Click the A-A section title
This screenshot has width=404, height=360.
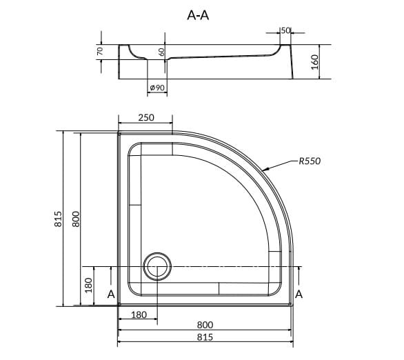click(198, 15)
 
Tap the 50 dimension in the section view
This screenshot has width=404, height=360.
click(285, 30)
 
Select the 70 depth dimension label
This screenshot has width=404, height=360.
click(100, 51)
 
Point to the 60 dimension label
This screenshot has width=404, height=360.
click(161, 52)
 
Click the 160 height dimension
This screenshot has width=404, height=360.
click(314, 62)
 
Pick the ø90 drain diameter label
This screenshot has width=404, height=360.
click(157, 88)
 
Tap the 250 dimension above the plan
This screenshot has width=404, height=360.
click(146, 118)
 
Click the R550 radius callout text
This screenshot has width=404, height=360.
click(310, 161)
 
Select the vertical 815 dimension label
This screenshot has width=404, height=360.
click(58, 219)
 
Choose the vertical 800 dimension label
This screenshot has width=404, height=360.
click(76, 219)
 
